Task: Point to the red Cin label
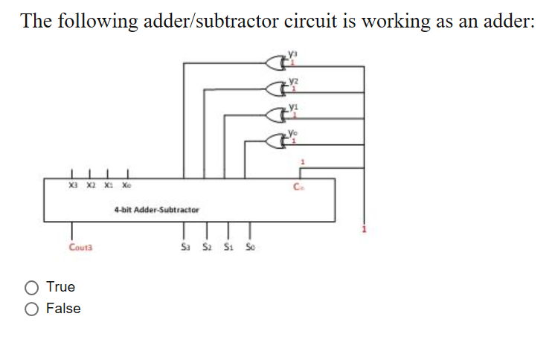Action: pyautogui.click(x=299, y=187)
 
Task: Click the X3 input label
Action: pyautogui.click(x=72, y=187)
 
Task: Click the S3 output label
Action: pyautogui.click(x=186, y=247)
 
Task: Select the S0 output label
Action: pyautogui.click(x=248, y=247)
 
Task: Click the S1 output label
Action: pyautogui.click(x=228, y=247)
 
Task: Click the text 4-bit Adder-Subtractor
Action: pyautogui.click(x=157, y=210)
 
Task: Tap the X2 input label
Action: pyautogui.click(x=90, y=187)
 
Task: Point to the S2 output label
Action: pyautogui.click(x=207, y=247)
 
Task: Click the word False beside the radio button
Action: pyautogui.click(x=63, y=309)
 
